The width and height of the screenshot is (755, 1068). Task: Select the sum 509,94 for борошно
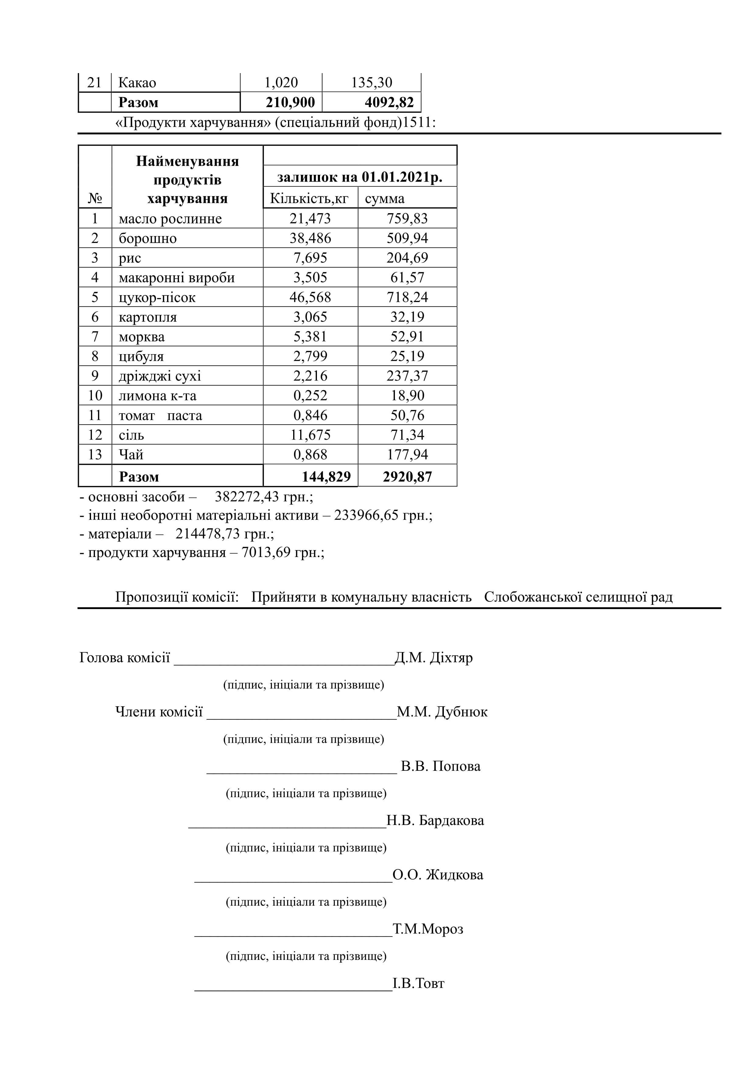407,238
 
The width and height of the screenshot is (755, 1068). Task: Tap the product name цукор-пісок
157,297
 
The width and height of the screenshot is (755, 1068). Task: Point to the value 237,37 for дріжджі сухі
407,376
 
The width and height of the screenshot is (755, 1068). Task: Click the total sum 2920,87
407,477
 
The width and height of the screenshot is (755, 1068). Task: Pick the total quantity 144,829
326,477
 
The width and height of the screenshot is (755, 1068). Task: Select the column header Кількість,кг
309,199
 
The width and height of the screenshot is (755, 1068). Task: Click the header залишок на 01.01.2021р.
360,177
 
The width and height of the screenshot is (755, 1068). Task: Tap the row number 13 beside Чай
95,454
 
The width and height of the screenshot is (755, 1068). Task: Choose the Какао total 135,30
371,83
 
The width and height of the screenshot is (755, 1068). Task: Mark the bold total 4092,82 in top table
389,102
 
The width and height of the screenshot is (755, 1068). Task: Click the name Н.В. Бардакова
435,820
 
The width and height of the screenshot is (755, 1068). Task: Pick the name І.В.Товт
418,983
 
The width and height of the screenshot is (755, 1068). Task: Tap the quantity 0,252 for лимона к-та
310,395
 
